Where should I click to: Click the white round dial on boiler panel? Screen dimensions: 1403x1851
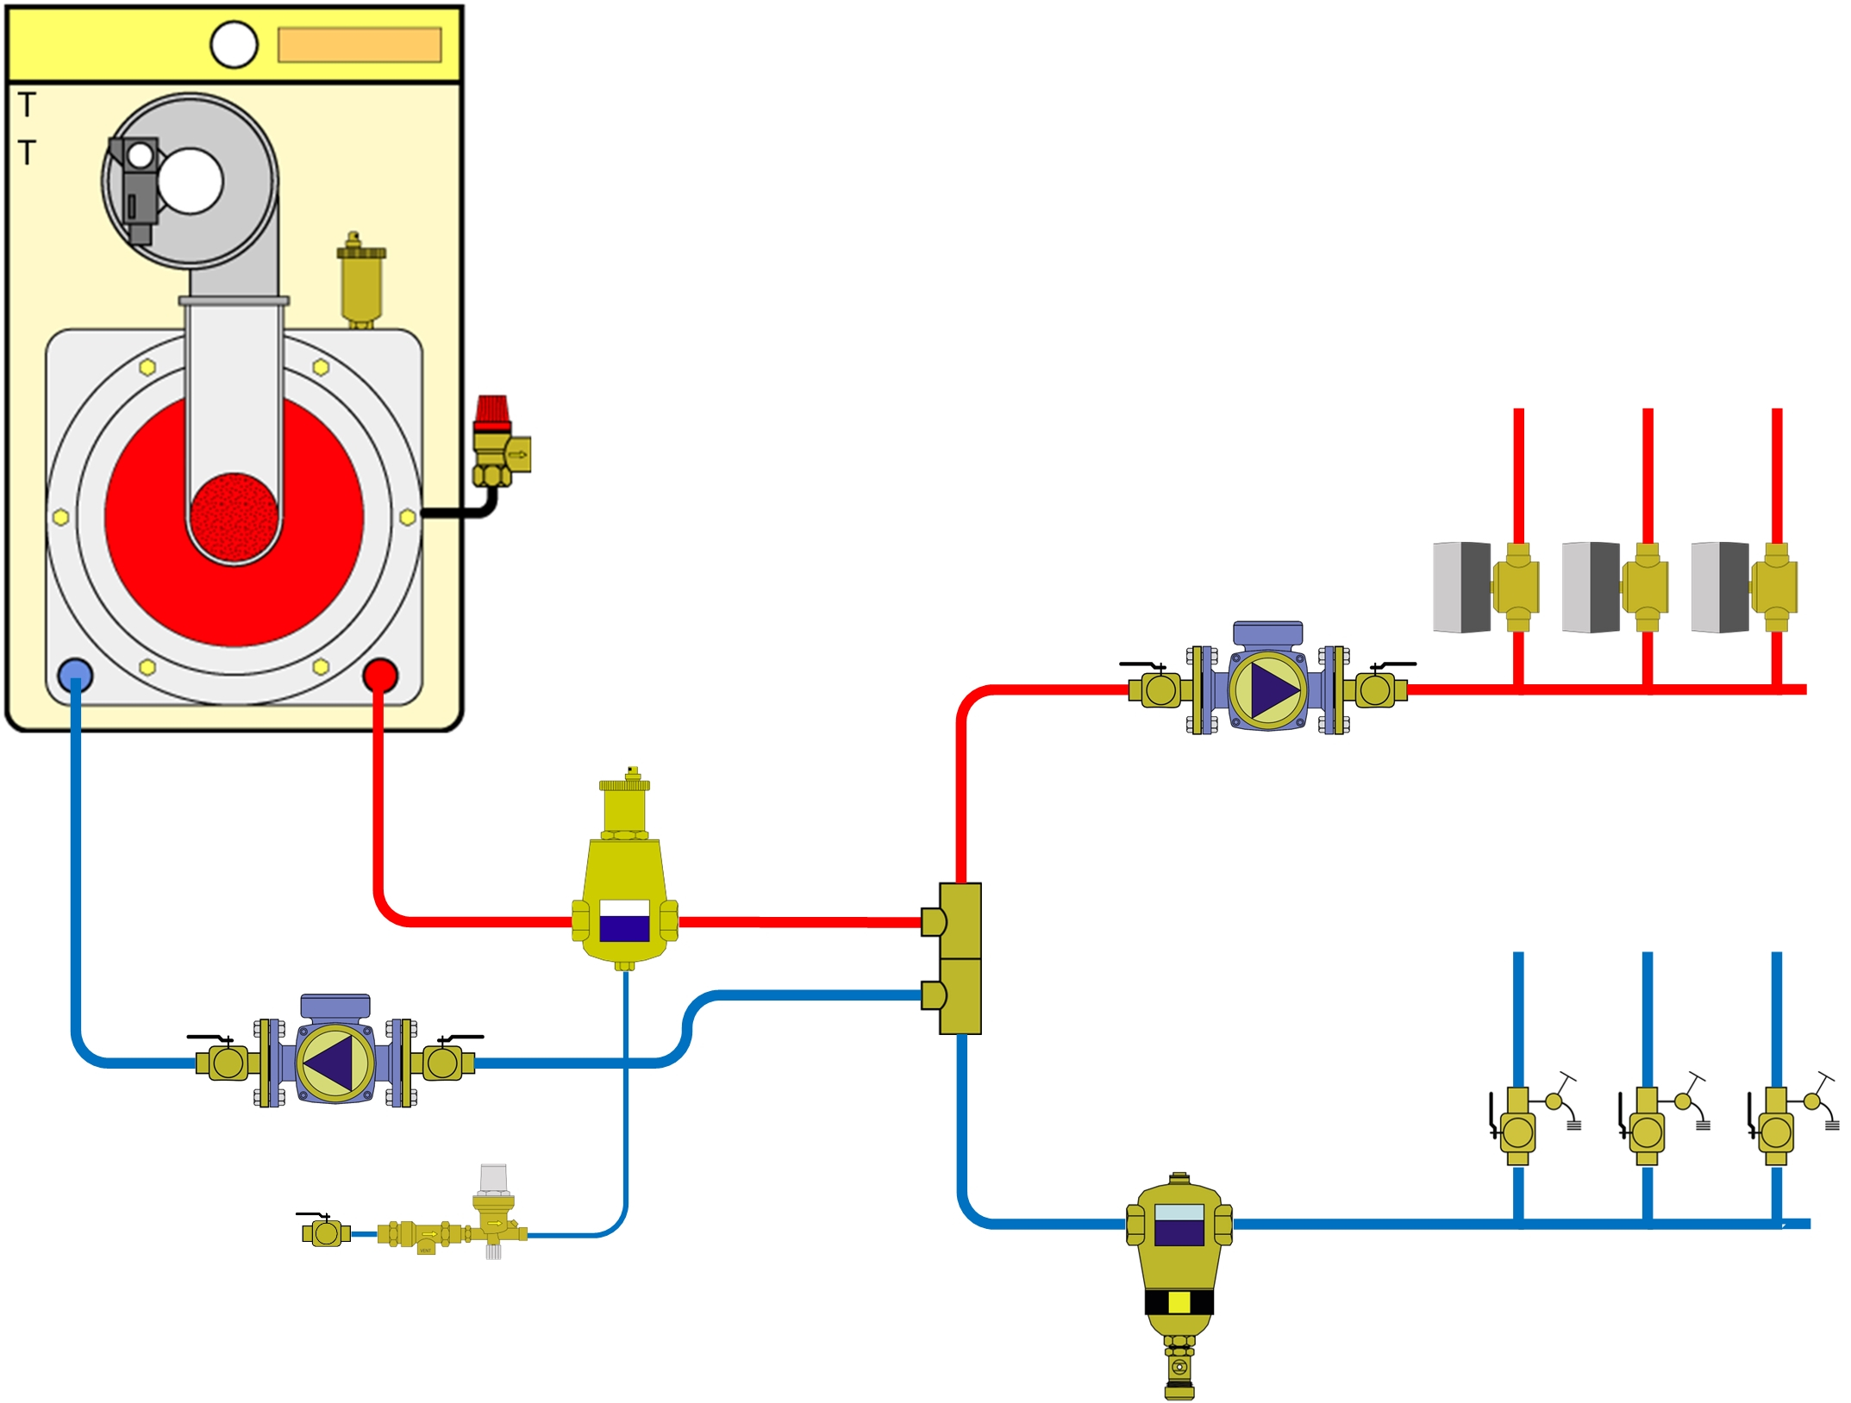234,45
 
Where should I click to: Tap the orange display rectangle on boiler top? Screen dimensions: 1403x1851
360,45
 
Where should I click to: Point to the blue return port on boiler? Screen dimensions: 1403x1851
75,675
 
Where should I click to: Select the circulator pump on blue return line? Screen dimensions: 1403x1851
335,1062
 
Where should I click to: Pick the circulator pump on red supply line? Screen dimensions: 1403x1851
1267,689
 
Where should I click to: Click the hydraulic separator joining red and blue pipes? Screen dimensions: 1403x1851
959,957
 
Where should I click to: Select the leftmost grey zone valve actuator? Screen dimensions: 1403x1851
1461,587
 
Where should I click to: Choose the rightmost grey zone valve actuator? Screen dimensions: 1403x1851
1720,587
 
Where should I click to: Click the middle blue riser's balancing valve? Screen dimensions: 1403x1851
1647,1130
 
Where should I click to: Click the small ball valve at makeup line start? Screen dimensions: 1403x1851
326,1233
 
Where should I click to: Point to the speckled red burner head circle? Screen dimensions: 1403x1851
234,516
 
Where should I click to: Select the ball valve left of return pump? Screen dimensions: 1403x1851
226,1061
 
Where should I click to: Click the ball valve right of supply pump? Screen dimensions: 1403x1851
1375,689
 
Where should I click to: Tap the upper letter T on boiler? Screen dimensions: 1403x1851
28,105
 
